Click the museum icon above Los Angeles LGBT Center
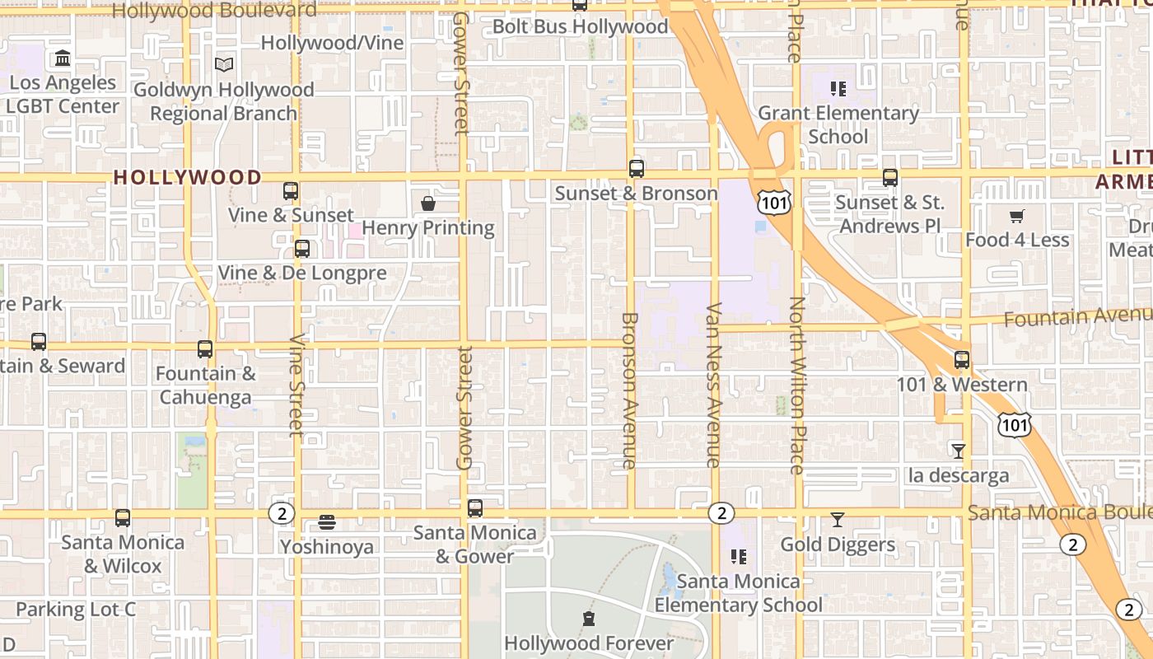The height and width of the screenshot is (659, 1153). click(x=63, y=58)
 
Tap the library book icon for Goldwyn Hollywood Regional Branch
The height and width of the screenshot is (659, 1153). click(x=223, y=64)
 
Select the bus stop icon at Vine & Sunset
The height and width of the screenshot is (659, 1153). click(x=291, y=191)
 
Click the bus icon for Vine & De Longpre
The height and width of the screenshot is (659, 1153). click(x=302, y=249)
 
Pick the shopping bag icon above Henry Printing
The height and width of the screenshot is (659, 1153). click(x=428, y=203)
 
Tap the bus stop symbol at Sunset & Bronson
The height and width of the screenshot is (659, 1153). click(x=636, y=169)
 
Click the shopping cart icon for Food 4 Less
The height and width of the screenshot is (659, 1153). click(x=1017, y=216)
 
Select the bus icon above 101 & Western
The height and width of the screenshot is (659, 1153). click(x=962, y=360)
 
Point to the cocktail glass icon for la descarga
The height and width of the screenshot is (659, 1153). click(x=958, y=451)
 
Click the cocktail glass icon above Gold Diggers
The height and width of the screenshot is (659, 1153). click(x=838, y=520)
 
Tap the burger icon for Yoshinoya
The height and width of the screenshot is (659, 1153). click(x=327, y=522)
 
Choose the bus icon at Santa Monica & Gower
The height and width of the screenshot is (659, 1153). click(x=475, y=508)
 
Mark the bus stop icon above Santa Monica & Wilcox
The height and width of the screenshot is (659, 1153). click(x=123, y=518)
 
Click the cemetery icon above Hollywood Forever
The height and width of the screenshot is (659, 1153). click(x=589, y=619)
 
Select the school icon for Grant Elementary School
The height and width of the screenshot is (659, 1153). click(x=838, y=89)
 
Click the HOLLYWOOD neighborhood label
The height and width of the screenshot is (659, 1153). click(x=187, y=177)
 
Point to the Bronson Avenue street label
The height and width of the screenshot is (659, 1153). click(x=629, y=390)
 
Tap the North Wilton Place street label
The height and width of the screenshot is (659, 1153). click(x=796, y=386)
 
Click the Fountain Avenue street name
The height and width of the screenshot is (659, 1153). click(x=1077, y=316)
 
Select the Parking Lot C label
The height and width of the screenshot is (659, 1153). click(x=76, y=610)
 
